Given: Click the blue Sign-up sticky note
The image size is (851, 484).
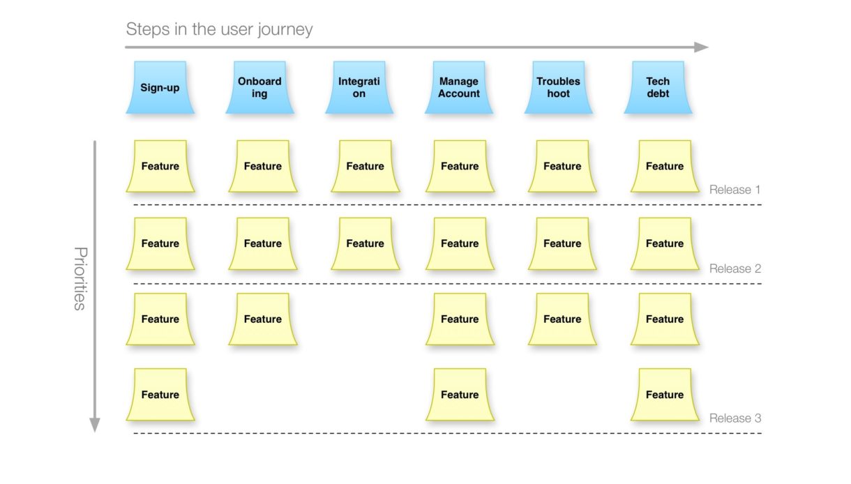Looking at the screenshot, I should [160, 87].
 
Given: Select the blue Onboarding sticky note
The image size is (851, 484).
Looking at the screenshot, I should [259, 87].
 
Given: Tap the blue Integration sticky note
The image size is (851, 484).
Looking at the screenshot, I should [359, 87].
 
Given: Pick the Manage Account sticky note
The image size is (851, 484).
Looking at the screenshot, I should [459, 87].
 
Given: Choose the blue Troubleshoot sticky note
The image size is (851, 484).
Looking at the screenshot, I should [559, 87].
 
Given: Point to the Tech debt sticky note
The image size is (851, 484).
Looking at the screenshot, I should [658, 87].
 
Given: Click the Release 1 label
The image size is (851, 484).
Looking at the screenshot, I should [735, 190].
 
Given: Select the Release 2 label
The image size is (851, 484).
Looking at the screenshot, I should [735, 269].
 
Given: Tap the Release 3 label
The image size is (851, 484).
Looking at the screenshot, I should [735, 418].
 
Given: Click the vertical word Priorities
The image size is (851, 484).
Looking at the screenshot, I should [80, 278].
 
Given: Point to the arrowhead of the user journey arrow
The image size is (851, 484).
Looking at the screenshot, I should [702, 47].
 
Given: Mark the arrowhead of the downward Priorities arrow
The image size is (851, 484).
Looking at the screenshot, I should [95, 425].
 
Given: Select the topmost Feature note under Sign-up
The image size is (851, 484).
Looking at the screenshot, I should [160, 166].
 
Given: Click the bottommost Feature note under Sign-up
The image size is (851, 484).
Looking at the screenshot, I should [160, 395].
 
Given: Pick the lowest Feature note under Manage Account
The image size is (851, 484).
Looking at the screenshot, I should [460, 395].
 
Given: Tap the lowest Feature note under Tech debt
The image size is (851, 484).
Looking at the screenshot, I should [665, 395].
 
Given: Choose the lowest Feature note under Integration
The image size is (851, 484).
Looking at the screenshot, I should [365, 243].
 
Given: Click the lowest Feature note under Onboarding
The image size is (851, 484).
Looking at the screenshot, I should [262, 319].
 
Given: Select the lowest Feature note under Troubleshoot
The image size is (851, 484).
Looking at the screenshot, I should [562, 319].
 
